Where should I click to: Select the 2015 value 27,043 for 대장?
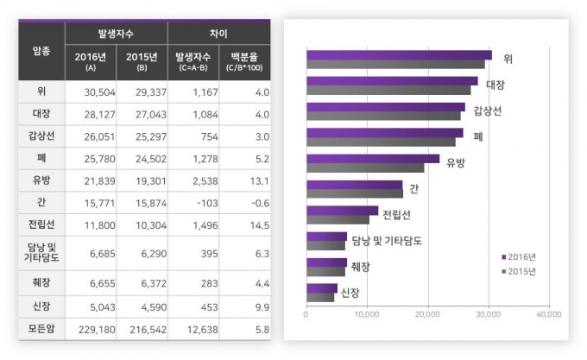(142, 114)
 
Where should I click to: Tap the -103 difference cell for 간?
(193, 204)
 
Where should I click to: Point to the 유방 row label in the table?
(41, 180)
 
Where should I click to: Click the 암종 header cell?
(41, 50)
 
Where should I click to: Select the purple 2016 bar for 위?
(399, 55)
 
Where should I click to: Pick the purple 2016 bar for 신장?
(322, 288)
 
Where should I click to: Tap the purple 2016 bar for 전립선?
(342, 211)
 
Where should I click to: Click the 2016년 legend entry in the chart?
(519, 256)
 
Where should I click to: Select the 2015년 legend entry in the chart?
(519, 271)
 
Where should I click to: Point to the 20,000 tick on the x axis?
(428, 313)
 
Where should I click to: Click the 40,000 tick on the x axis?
(549, 313)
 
